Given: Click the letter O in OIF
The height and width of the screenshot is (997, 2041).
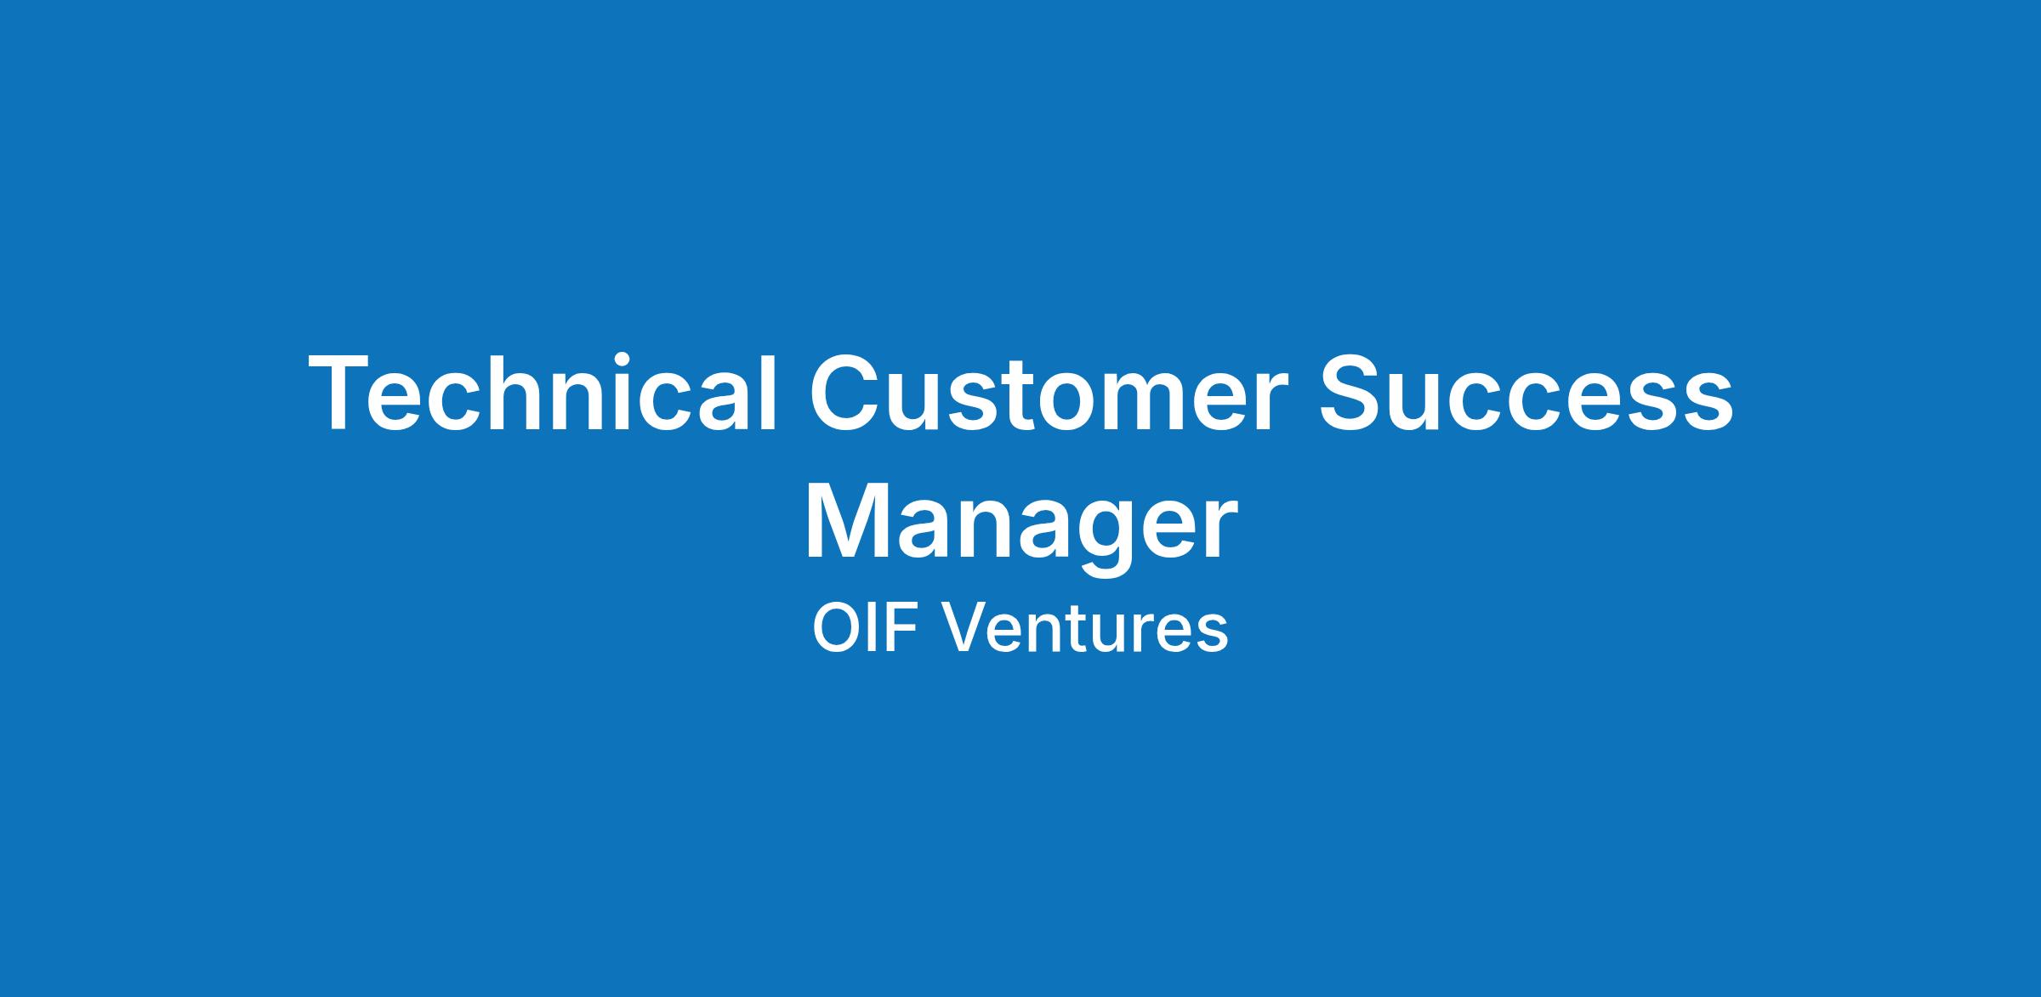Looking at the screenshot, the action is [x=837, y=629].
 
